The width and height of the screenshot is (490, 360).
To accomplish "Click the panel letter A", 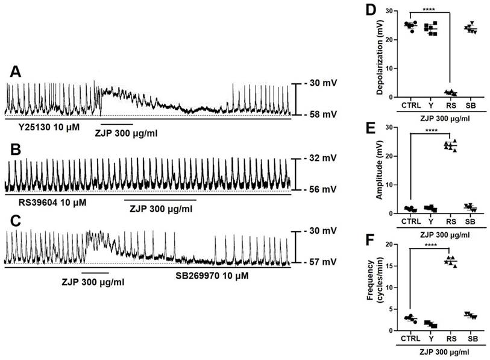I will pyautogui.click(x=17, y=72).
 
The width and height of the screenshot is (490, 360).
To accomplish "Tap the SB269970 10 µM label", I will pyautogui.click(x=209, y=276).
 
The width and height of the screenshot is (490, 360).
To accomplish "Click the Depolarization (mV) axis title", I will pyautogui.click(x=381, y=54).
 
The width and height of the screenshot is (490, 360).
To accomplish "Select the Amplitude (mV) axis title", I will pyautogui.click(x=381, y=171).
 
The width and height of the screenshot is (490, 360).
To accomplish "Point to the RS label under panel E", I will pyautogui.click(x=450, y=221).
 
